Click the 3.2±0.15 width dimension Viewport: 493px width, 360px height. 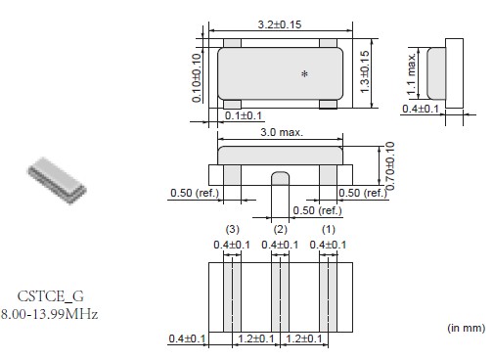pos(280,24)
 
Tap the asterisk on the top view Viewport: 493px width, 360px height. pos(304,74)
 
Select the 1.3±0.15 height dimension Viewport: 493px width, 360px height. pos(365,71)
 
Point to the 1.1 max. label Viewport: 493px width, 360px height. pos(412,74)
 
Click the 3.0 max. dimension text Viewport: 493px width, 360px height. pos(282,132)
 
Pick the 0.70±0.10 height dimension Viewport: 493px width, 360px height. pos(390,165)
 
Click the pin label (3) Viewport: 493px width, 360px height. pos(233,229)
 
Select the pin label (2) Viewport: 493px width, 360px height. pos(281,229)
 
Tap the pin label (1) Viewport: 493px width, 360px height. pos(329,229)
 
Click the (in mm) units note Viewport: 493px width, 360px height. pos(467,328)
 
